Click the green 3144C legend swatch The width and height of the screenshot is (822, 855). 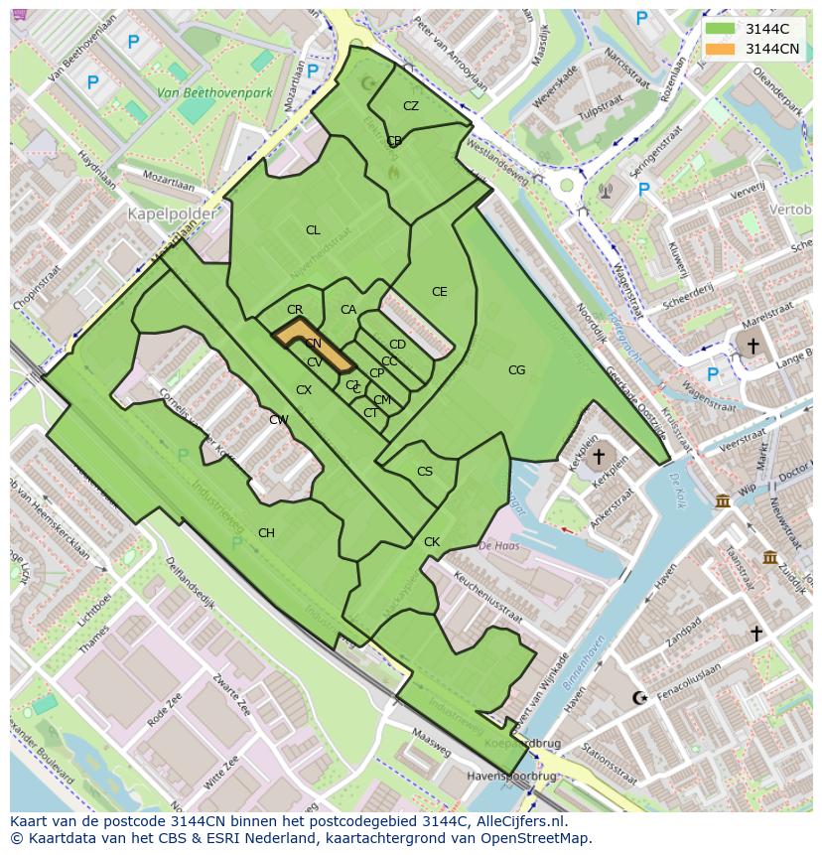tap(721, 30)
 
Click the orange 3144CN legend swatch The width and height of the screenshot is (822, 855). tap(721, 49)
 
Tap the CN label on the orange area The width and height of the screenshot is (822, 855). tap(313, 344)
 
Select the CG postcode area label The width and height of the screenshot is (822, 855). tap(516, 370)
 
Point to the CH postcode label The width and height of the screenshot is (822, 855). tap(266, 533)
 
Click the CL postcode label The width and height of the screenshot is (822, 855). tap(313, 230)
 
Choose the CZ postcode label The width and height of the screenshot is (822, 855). tap(410, 106)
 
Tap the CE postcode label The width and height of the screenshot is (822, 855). tap(439, 292)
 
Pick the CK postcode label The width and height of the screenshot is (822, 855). tap(431, 542)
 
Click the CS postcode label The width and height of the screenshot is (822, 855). tap(425, 472)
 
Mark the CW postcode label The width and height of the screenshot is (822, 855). tap(279, 420)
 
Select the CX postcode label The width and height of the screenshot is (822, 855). tap(304, 390)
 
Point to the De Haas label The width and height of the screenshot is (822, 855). tap(498, 545)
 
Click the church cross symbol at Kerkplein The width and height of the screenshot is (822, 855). tap(597, 457)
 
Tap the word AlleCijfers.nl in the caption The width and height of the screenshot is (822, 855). tap(520, 821)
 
